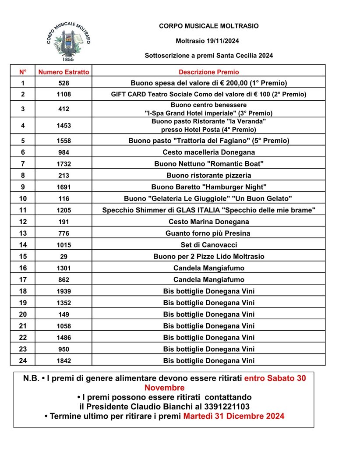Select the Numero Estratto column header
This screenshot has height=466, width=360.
click(x=64, y=72)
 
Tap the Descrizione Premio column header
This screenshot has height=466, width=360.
click(x=209, y=72)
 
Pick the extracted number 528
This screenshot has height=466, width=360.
click(x=64, y=83)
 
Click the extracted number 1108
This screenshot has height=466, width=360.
click(x=64, y=94)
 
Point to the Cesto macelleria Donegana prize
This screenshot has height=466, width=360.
click(x=209, y=152)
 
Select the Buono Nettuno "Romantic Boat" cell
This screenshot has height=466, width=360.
click(x=209, y=164)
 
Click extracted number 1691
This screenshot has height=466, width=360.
click(x=64, y=187)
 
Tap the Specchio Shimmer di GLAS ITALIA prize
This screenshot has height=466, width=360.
click(x=209, y=210)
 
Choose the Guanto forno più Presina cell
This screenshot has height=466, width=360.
click(x=209, y=233)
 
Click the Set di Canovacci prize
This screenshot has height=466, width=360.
click(x=209, y=245)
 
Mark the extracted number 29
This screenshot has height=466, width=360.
click(x=64, y=257)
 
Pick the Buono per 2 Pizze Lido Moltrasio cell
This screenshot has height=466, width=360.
click(x=209, y=256)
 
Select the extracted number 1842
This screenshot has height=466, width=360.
click(x=64, y=361)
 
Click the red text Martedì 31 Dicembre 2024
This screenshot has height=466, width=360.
click(x=234, y=416)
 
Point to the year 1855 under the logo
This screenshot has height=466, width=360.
click(x=68, y=59)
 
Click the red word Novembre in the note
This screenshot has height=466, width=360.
click(x=164, y=388)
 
